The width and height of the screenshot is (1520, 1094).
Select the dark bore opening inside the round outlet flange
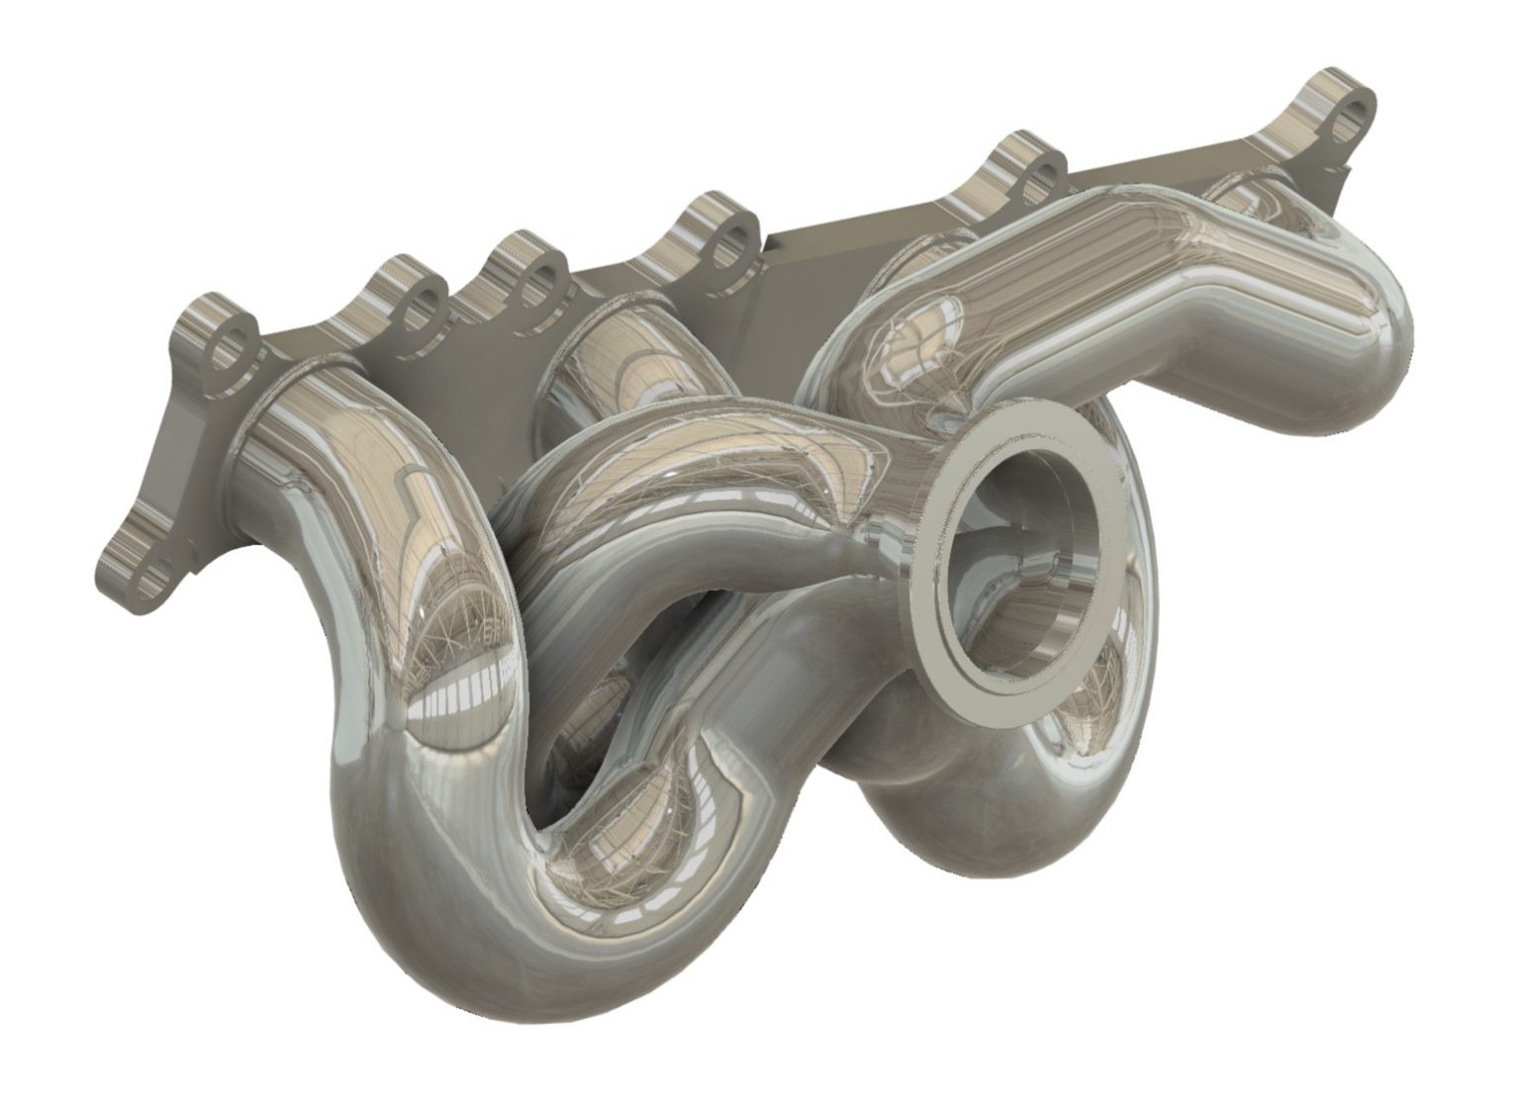point(1029,554)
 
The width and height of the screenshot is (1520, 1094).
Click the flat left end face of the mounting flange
point(168,465)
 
